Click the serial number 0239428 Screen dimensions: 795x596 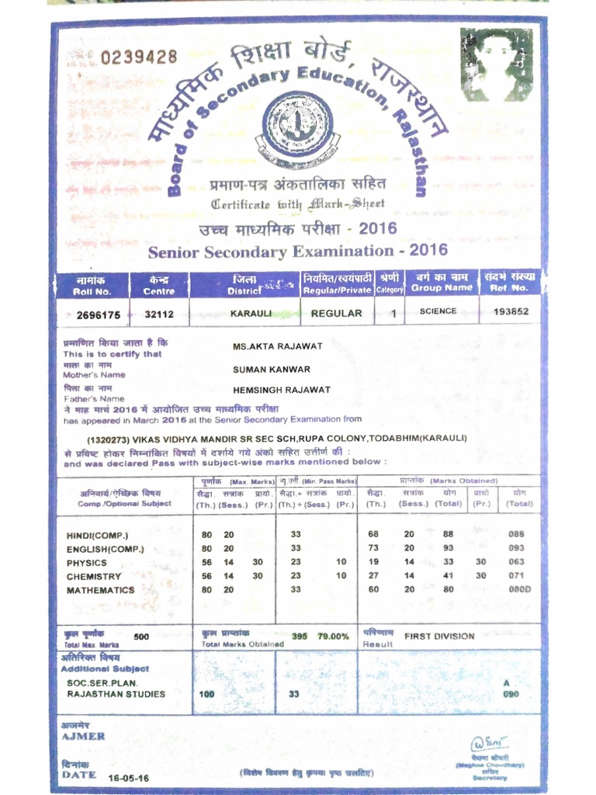[139, 57]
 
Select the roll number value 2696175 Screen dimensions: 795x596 [99, 314]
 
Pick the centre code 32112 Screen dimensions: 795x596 [159, 314]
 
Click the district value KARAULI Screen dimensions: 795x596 [250, 314]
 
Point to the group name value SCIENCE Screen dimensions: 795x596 [438, 311]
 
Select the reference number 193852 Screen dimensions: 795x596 [511, 311]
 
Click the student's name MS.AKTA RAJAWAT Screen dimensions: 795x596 [277, 346]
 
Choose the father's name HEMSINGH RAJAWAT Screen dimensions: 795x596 [281, 390]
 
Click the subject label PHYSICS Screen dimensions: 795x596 [87, 563]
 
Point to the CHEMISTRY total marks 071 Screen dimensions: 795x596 [517, 576]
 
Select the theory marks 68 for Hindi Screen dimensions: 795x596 [373, 534]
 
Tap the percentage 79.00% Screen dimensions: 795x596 [333, 637]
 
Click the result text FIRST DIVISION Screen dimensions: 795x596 [439, 636]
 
